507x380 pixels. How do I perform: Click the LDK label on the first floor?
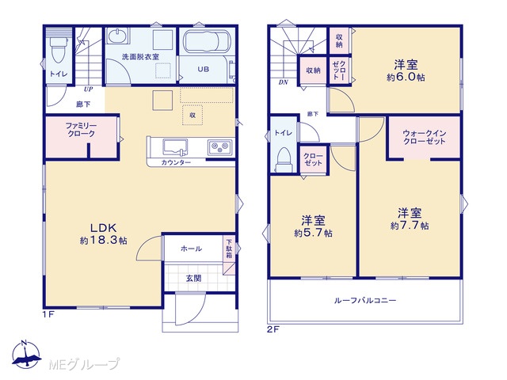point(103,228)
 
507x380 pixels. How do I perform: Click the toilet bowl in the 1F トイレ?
point(59,51)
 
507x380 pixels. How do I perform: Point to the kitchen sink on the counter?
point(175,147)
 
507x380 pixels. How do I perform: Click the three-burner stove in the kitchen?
point(220,147)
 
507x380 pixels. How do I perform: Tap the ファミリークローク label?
point(81,130)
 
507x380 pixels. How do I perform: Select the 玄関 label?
point(193,278)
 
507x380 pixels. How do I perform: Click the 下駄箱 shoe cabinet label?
point(229,248)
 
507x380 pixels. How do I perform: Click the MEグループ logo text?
point(84,364)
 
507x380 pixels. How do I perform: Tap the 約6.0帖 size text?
point(406,78)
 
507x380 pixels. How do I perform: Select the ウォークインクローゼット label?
point(425,137)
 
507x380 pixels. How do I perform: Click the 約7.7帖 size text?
point(410,226)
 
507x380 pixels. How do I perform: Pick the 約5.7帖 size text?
point(314,233)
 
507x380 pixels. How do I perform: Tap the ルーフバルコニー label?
point(365,301)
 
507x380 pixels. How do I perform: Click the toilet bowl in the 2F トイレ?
point(284,159)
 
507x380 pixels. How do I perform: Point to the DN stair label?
point(284,82)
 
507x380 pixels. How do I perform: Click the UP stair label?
point(88,89)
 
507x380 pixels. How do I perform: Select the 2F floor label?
point(273,329)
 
